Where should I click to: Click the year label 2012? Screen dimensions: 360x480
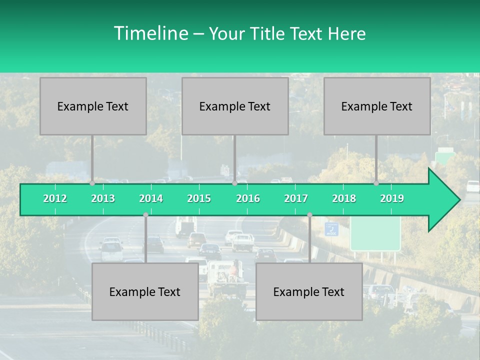coord(55,198)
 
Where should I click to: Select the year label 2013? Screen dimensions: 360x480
coord(103,198)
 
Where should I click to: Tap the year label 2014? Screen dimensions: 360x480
coord(151,198)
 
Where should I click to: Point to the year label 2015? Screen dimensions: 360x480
coord(199,198)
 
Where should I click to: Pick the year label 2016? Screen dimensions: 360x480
coord(248,198)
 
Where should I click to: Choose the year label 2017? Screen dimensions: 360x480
coord(296,198)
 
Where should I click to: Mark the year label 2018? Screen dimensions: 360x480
coord(344,198)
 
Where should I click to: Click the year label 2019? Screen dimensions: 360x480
coord(392,198)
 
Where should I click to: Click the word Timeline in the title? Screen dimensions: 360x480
coord(150,33)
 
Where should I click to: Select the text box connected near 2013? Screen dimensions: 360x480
coord(93,106)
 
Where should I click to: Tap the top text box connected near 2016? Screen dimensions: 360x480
coord(235,106)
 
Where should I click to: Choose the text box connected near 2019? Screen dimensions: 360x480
coord(377,106)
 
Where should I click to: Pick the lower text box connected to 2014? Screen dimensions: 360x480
coord(145,291)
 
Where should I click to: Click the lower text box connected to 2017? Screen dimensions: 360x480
coord(309,291)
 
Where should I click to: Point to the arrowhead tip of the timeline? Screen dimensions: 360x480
coord(459,200)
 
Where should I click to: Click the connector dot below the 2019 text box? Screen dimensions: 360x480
coord(376,183)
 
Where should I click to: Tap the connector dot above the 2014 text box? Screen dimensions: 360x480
coord(145,215)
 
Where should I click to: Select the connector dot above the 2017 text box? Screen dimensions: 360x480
coord(309,215)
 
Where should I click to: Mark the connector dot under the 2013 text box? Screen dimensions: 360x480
coord(92,183)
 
